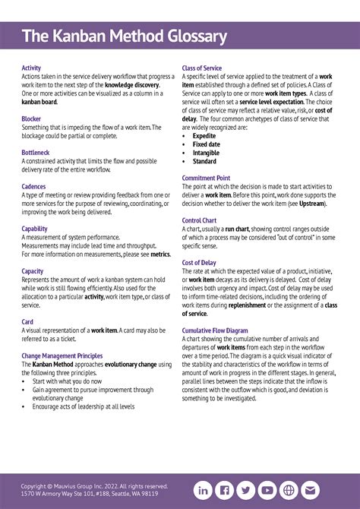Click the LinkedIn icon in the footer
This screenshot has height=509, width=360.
(x=204, y=490)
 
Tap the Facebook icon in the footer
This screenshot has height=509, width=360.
(x=225, y=490)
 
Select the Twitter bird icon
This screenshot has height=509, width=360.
(x=246, y=490)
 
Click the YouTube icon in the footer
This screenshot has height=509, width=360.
(x=267, y=490)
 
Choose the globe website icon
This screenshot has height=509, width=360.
(x=289, y=490)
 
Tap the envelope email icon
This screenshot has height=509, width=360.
(x=310, y=490)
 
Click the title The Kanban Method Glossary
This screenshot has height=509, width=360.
(x=125, y=36)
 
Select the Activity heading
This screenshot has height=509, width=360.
(x=31, y=68)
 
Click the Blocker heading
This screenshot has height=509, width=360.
(x=31, y=119)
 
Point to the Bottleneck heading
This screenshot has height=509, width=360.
(x=35, y=153)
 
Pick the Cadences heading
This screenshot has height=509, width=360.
(x=33, y=186)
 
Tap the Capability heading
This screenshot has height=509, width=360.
(x=34, y=228)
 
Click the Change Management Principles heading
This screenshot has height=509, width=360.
(x=62, y=355)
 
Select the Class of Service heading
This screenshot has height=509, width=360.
(x=202, y=68)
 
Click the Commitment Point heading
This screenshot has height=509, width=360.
(x=206, y=178)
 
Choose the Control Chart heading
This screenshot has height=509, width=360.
(x=200, y=220)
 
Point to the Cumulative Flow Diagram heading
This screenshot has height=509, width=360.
(x=215, y=330)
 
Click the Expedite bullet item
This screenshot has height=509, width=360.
(x=204, y=136)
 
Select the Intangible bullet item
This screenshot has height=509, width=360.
(x=206, y=153)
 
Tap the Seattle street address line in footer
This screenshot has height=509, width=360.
(x=90, y=494)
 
